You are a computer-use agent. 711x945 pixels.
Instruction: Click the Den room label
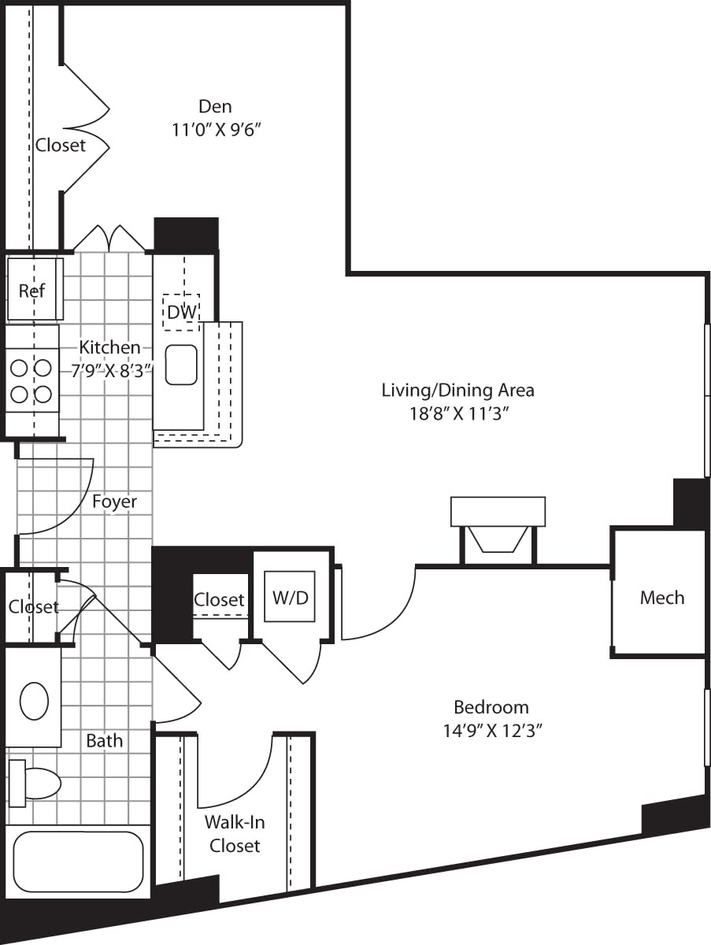(x=215, y=106)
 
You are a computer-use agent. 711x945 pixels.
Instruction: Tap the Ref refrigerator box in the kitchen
(x=33, y=290)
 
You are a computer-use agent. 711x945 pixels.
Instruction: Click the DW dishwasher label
(x=181, y=311)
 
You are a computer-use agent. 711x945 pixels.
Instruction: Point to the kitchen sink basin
(x=181, y=365)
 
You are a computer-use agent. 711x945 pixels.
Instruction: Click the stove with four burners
(x=31, y=380)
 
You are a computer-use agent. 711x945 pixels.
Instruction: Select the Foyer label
(x=114, y=502)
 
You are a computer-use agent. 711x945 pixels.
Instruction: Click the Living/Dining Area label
(x=457, y=390)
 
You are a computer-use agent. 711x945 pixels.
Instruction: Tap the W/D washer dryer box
(x=291, y=597)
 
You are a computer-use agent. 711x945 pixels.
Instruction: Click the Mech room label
(x=661, y=598)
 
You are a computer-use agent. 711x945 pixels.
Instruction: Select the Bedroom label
(x=491, y=706)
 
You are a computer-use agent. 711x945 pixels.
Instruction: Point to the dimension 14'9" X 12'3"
(x=491, y=730)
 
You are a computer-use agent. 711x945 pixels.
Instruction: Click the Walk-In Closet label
(x=235, y=834)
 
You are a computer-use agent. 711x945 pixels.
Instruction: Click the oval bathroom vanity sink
(x=34, y=701)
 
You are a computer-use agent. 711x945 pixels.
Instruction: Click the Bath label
(x=104, y=741)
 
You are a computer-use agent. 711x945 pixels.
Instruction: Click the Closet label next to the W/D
(x=219, y=600)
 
